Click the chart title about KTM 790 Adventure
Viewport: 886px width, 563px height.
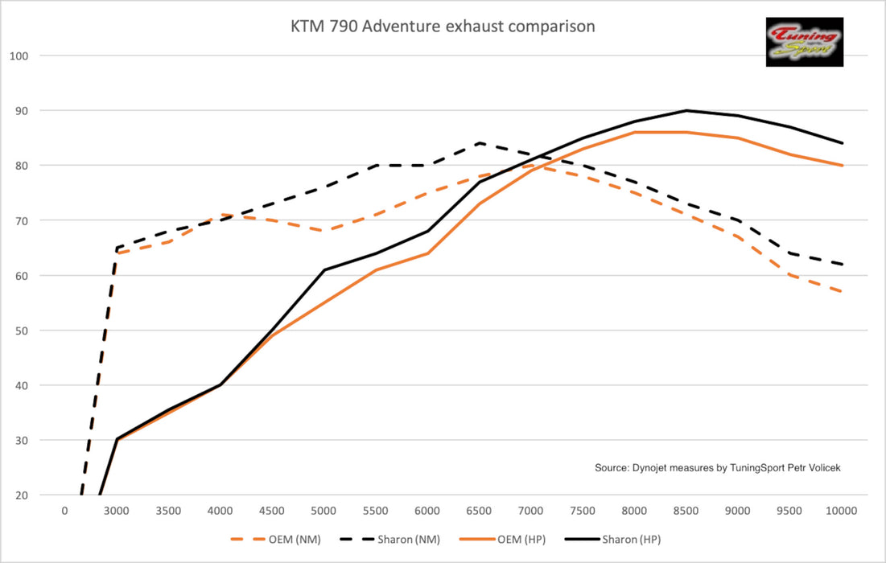tap(443, 27)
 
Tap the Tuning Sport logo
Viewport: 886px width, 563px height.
tap(805, 42)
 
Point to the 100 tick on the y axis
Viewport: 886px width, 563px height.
tap(19, 55)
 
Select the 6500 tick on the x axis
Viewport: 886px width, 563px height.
tap(479, 510)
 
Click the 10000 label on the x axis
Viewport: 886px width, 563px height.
tap(842, 510)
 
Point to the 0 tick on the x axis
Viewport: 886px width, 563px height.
tap(64, 510)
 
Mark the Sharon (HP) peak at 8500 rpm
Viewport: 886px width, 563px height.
tap(686, 110)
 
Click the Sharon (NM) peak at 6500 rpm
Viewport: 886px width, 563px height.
tap(480, 143)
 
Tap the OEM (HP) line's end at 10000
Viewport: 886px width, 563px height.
tap(842, 166)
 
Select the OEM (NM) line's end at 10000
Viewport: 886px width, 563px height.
tap(842, 292)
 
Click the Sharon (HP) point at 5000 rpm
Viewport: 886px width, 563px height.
tap(323, 270)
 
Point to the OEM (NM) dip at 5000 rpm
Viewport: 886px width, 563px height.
tap(323, 232)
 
